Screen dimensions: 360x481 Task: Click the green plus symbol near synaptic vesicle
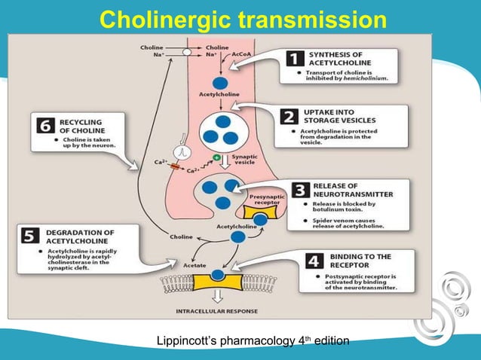(x=217, y=157)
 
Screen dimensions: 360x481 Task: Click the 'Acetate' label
(x=195, y=264)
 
